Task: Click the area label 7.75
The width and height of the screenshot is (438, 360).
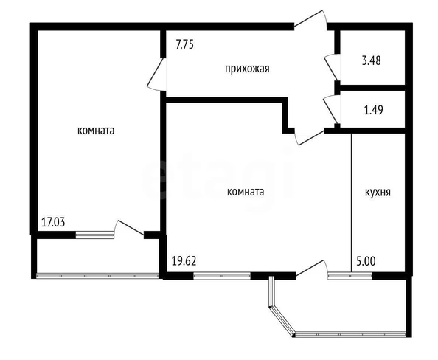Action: coord(184,44)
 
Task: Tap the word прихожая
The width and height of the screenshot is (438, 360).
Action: coord(247,68)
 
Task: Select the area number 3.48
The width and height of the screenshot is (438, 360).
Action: coord(371,60)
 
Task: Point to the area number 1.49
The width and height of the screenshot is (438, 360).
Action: coord(373,110)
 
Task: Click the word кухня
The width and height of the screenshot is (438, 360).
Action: coord(378,193)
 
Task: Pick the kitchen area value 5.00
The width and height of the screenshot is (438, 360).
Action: coord(366,261)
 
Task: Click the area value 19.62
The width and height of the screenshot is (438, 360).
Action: coord(184,261)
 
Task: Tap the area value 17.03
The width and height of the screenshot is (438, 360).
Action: coord(53,222)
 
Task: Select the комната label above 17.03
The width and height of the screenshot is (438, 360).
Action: coord(96,131)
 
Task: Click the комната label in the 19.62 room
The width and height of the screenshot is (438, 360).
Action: coord(246,192)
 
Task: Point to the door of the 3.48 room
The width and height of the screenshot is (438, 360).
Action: coord(331,68)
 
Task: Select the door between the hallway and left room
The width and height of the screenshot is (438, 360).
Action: coord(156,75)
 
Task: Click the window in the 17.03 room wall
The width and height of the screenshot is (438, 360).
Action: coord(94,235)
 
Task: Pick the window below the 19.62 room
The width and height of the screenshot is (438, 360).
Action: coord(222,276)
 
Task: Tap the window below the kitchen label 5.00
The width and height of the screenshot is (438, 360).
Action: coord(350,276)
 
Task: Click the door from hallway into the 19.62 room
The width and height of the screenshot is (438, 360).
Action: coord(309,137)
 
